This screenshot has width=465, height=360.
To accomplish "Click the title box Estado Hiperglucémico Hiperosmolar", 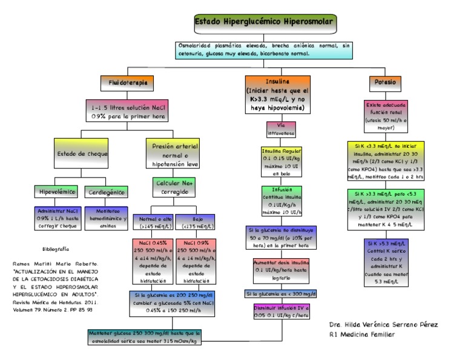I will coord(263,24).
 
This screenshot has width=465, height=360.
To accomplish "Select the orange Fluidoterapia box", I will coord(126,81).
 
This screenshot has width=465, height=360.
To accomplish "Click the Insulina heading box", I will coord(277,94).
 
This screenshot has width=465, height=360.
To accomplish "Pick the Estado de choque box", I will coord(82,154).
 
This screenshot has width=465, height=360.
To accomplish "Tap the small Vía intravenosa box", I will coord(277,128).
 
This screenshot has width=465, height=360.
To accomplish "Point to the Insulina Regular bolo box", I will coord(277,161).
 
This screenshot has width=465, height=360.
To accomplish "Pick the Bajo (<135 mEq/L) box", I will coord(197,222).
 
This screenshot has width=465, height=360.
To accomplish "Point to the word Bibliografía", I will coord(56,249).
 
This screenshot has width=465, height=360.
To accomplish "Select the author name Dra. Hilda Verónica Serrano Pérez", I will coord(383,324).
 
